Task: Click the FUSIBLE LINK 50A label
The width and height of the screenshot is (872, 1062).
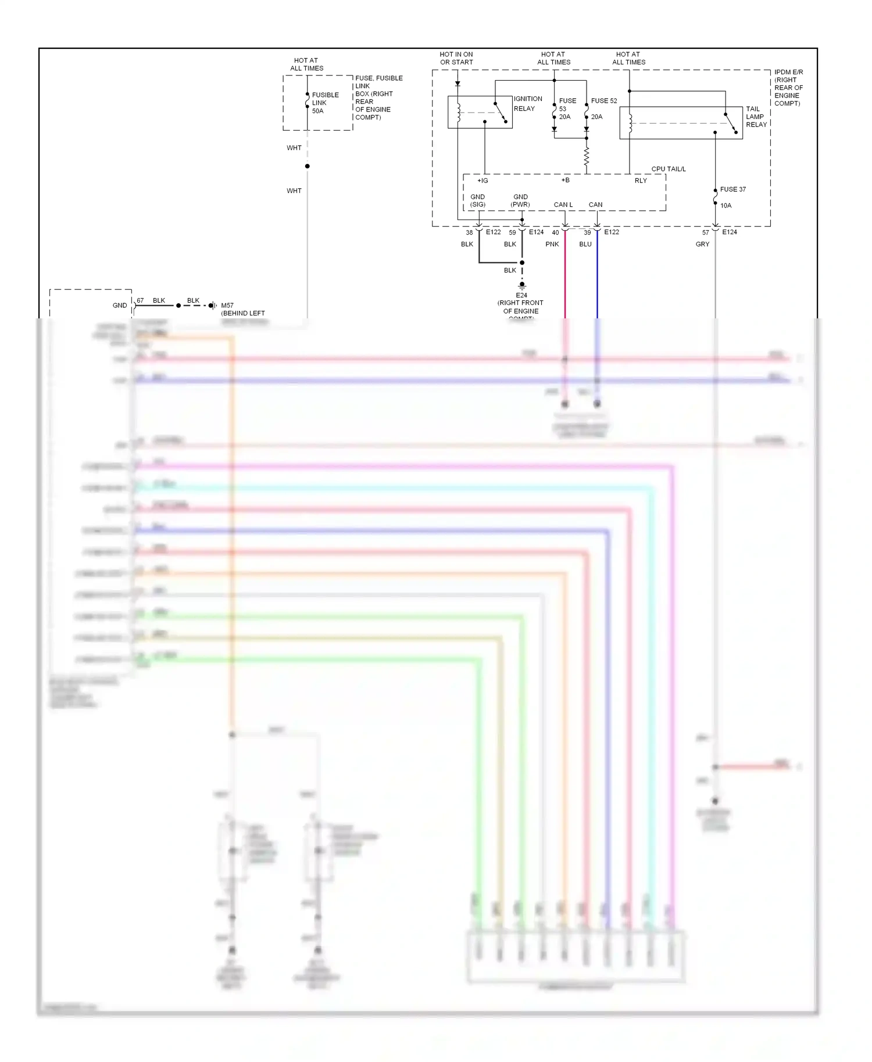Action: (x=325, y=103)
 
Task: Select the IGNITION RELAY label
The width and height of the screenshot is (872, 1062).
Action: (x=527, y=103)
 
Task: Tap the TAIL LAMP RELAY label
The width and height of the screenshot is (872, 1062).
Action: (x=756, y=117)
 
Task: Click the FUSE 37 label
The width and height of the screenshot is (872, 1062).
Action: (x=732, y=189)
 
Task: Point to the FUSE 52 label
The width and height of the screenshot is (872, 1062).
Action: (x=603, y=101)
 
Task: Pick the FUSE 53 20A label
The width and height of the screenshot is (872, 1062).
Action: (x=567, y=109)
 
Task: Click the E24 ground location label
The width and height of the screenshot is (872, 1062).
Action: (x=521, y=303)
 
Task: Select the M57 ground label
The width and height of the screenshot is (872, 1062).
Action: (x=242, y=309)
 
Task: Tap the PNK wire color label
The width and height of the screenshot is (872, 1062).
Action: (x=552, y=244)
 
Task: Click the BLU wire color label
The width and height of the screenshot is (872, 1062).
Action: (x=585, y=244)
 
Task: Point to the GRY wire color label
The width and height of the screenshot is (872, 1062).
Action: (x=702, y=244)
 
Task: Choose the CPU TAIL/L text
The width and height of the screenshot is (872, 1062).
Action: (x=668, y=169)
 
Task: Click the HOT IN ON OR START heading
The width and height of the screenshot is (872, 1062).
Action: (x=456, y=58)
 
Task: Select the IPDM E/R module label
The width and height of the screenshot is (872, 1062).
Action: (x=788, y=88)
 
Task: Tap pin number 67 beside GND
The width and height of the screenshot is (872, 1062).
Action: (x=140, y=300)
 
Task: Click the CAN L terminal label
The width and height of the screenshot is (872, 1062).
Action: (x=563, y=204)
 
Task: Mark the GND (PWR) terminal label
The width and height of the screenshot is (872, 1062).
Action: (x=520, y=200)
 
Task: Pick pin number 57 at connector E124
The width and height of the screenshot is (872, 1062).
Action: (x=705, y=232)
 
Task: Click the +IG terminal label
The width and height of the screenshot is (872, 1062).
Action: (x=483, y=181)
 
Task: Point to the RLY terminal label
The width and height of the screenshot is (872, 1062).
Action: (x=640, y=181)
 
